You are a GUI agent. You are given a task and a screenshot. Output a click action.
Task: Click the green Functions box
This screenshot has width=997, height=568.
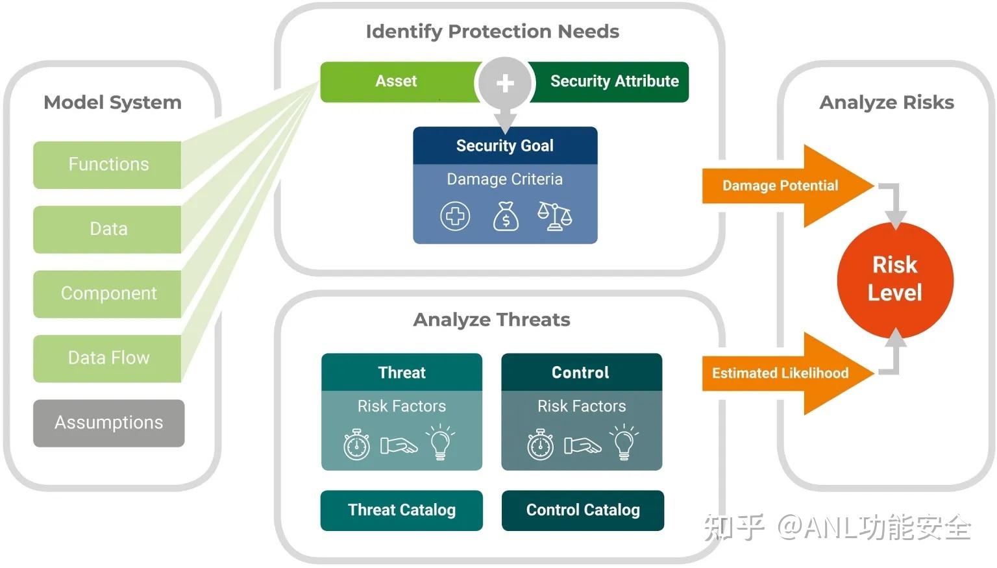point(107,165)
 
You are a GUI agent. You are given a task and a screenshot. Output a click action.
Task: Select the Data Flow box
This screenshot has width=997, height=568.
point(107,358)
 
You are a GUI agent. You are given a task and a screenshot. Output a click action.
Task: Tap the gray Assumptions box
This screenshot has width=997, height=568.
point(109,423)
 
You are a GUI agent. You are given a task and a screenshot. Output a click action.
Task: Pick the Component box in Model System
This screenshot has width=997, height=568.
point(107,294)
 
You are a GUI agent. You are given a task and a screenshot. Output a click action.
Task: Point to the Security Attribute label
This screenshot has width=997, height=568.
point(615,81)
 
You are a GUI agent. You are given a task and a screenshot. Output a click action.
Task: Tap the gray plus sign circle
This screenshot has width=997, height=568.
point(505,83)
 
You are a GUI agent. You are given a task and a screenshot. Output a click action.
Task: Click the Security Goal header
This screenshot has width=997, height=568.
point(505,145)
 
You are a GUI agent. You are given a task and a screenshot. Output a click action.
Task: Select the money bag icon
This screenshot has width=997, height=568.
point(506,216)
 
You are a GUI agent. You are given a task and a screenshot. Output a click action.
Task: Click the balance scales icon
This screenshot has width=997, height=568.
point(554,216)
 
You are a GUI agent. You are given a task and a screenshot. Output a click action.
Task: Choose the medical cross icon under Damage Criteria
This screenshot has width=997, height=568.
point(455,216)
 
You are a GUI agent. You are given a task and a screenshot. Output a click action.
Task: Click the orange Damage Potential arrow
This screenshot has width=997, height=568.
point(788,186)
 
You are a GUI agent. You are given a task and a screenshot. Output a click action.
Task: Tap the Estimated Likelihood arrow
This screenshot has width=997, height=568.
point(788,373)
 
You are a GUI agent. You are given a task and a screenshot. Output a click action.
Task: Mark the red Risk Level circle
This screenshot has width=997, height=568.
point(895,280)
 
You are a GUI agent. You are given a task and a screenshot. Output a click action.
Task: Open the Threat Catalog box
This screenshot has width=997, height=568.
point(402,510)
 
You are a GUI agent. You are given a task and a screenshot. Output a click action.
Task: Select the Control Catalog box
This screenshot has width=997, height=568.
point(583,510)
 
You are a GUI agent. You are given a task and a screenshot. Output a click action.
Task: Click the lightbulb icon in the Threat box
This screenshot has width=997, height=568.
point(440,441)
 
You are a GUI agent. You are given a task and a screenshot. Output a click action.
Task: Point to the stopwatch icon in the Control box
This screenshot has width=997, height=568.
point(540,444)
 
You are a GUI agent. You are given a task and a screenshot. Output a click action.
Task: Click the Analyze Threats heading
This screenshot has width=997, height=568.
point(492,319)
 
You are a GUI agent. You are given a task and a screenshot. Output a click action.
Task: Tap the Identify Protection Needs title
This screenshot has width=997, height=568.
point(492,32)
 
